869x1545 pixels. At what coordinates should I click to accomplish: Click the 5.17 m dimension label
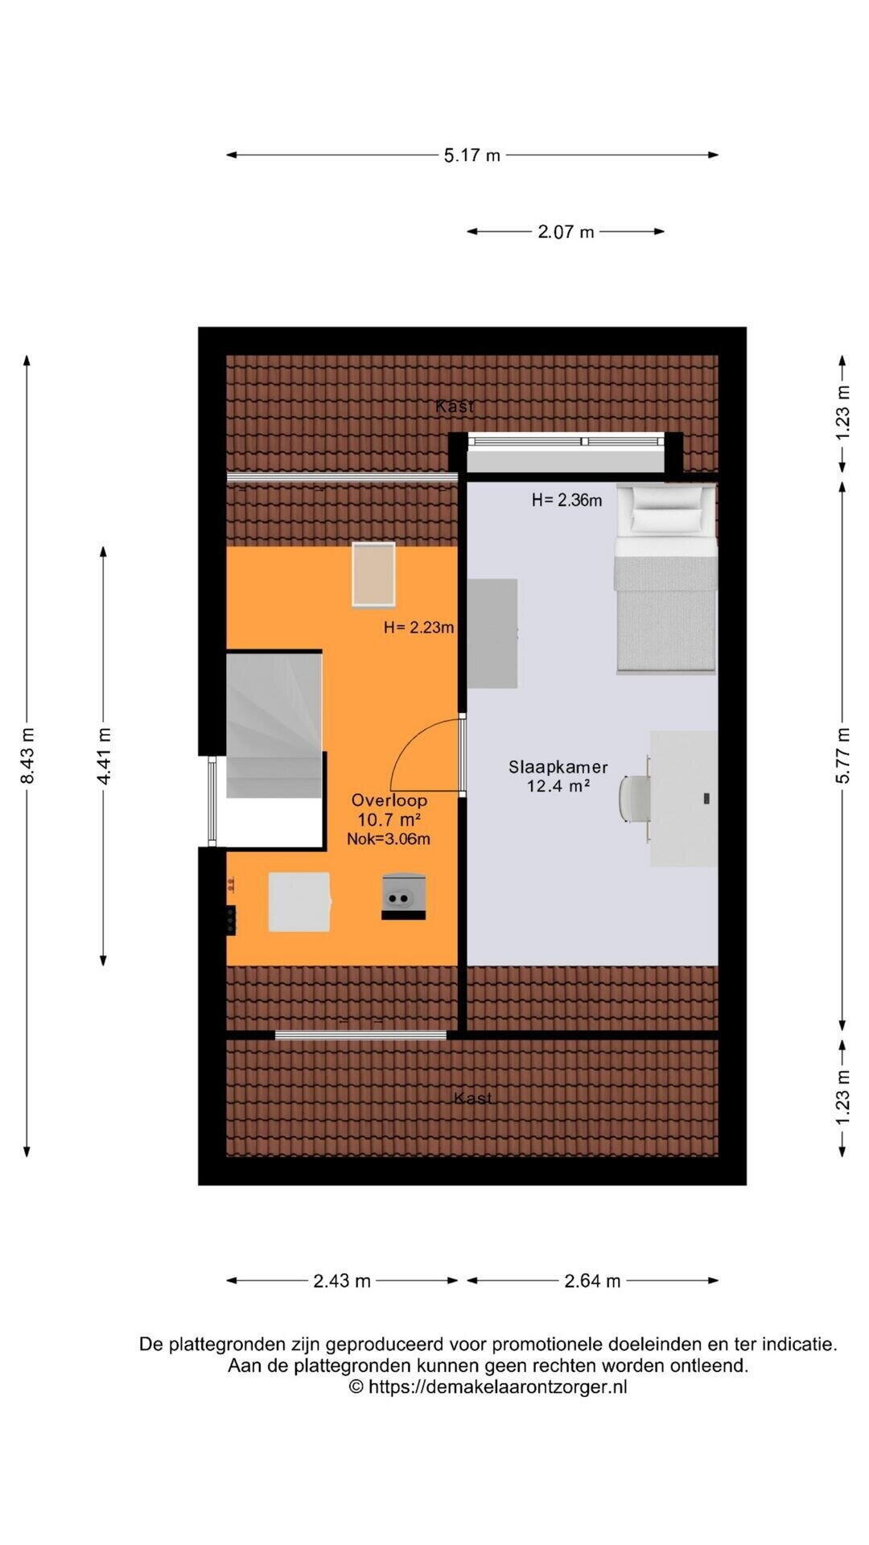472,155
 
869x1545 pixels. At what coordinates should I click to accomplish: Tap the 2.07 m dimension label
566,232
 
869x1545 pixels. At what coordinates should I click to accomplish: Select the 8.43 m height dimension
27,756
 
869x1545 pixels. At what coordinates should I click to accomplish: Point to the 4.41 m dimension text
104,756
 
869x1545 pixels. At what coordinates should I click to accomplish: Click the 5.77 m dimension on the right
842,756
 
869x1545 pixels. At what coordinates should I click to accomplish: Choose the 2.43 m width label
342,1281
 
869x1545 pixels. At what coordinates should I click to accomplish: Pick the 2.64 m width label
592,1281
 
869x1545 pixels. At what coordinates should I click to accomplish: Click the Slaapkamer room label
558,768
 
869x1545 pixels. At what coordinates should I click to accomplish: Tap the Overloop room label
389,801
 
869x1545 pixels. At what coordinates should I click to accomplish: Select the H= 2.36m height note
566,501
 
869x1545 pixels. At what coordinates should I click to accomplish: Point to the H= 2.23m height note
418,628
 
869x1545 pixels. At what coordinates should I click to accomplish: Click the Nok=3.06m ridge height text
389,839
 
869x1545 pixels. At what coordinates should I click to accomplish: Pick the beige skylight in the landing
373,575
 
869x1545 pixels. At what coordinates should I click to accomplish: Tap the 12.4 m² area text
558,786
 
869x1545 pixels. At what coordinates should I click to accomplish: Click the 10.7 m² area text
389,820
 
